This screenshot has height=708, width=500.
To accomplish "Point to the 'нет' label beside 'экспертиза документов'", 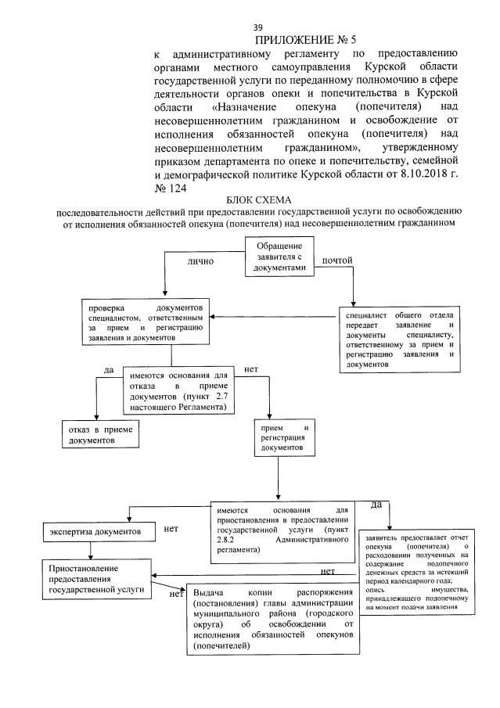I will coord(171,529).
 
